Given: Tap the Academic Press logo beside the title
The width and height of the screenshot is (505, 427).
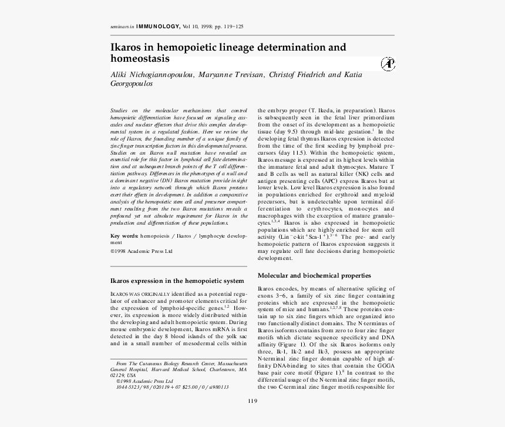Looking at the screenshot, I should click(x=388, y=64).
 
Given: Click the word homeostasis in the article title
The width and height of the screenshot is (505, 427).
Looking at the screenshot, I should click(x=140, y=59).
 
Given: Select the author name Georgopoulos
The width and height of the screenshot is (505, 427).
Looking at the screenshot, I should click(x=132, y=84).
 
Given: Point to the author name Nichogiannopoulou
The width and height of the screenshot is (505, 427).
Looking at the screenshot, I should click(x=159, y=75).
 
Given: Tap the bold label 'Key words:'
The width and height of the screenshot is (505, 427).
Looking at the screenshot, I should click(x=124, y=236).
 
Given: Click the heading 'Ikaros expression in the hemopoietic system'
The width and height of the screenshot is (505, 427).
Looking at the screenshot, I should click(x=177, y=281).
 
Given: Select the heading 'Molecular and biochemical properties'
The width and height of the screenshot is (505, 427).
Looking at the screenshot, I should click(x=314, y=275).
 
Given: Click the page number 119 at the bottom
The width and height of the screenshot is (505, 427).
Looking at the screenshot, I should click(x=253, y=401).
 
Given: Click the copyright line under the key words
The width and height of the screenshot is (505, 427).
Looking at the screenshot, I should click(x=142, y=251).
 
